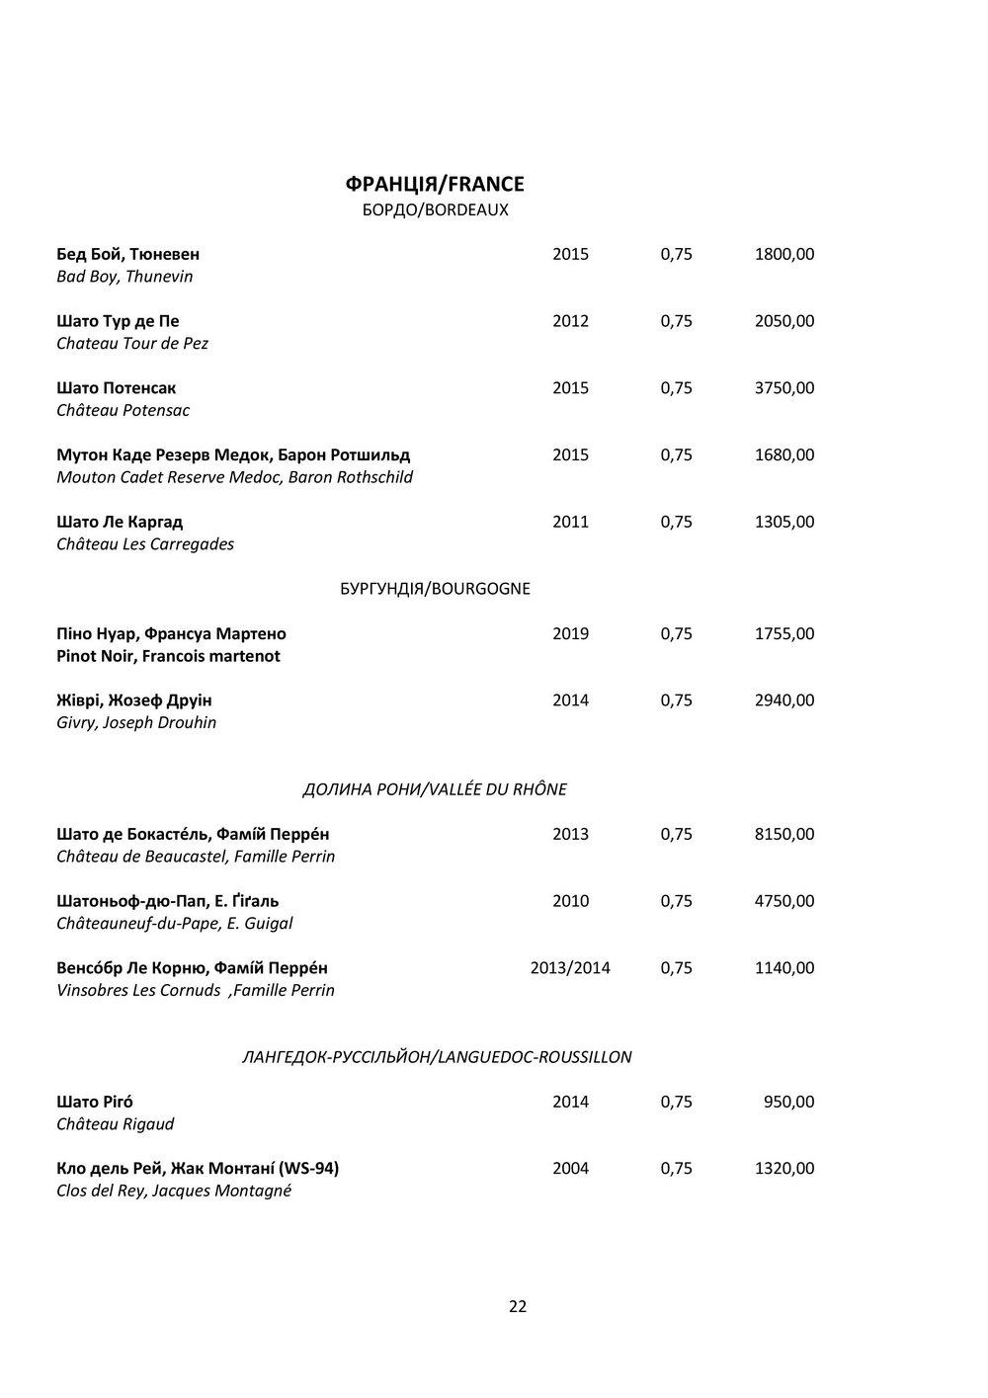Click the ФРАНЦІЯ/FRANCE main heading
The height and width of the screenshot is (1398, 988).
pos(435,184)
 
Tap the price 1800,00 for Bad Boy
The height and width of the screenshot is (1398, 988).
pos(783,254)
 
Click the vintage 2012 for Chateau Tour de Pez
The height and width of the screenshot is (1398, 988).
pos(570,321)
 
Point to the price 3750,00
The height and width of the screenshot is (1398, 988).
pos(783,388)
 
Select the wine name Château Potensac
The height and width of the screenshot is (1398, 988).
pos(123,410)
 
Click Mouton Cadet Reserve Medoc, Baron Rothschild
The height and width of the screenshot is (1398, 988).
pos(235,477)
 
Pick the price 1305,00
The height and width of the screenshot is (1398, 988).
pos(783,522)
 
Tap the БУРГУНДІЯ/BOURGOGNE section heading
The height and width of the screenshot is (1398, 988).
pos(435,589)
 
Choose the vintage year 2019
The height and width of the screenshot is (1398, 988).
pos(570,633)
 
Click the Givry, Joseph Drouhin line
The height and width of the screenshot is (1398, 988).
pos(136,722)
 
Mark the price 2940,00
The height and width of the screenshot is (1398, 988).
pos(783,700)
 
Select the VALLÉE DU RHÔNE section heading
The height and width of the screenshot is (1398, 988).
pos(435,789)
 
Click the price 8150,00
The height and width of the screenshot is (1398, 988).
pos(783,834)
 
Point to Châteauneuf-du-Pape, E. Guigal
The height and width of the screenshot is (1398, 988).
pos(175,923)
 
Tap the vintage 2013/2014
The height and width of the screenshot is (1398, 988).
pos(570,967)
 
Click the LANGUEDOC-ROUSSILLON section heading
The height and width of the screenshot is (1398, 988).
pos(437,1057)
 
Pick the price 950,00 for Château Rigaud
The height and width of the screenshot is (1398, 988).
pos(789,1102)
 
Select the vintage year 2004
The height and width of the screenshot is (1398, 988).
pos(570,1169)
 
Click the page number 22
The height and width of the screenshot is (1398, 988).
pos(518,1306)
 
